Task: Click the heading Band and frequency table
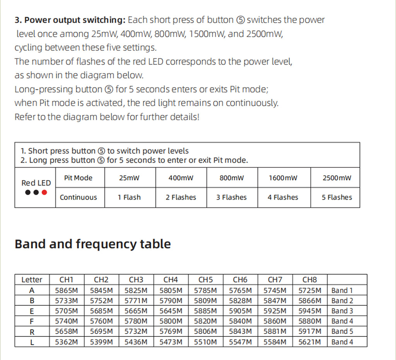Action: point(92,244)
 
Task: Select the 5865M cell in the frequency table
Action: point(66,290)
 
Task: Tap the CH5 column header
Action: point(205,280)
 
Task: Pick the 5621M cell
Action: point(309,342)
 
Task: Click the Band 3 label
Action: point(342,311)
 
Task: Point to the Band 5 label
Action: point(342,331)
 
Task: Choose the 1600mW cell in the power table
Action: point(283,178)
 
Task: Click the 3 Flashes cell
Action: point(231,197)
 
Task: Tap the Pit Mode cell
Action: point(78,178)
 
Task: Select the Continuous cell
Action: point(78,197)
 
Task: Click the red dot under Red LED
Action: point(44,192)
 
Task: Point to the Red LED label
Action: point(36,183)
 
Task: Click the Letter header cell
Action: point(32,280)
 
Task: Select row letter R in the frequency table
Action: point(32,332)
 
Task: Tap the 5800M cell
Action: point(171,321)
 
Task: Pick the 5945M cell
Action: point(309,311)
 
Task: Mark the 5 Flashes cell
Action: point(337,197)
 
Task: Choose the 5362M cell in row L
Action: point(66,342)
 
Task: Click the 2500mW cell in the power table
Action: point(337,178)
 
